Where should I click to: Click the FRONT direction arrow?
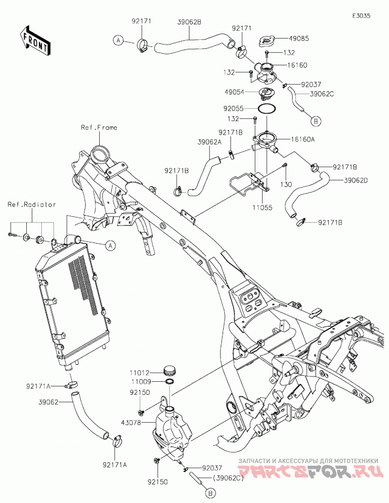tap(35, 40)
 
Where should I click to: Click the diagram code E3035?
tap(361, 16)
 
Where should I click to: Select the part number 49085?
tap(299, 39)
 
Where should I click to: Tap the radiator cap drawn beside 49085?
tap(266, 41)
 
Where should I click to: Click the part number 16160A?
tap(303, 139)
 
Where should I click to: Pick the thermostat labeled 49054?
tap(265, 93)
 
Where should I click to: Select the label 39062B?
tap(189, 22)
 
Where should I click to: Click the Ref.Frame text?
tap(99, 128)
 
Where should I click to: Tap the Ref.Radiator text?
tap(32, 205)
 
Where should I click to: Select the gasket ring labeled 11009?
tap(170, 381)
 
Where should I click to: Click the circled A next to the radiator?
tap(110, 245)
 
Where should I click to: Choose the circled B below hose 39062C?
tap(316, 121)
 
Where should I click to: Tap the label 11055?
tap(263, 207)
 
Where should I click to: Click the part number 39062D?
tap(355, 180)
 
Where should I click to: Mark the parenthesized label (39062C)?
tap(228, 478)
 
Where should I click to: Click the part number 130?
tap(286, 185)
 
